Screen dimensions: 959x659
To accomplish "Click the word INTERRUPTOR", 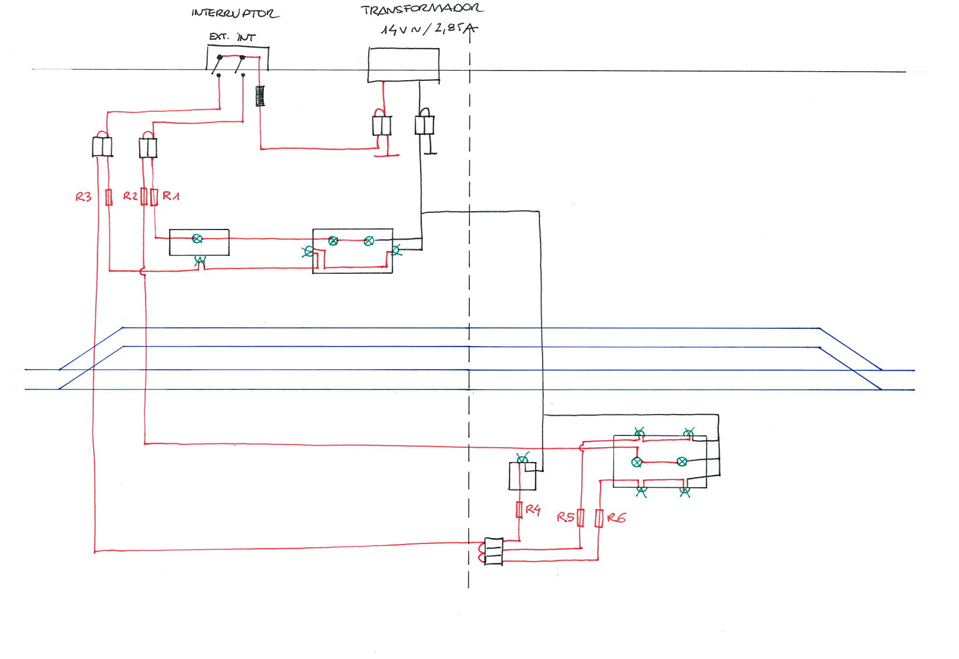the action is click(235, 13).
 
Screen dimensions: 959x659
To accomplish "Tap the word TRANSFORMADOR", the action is click(422, 9).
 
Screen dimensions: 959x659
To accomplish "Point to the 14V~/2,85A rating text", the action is click(428, 29).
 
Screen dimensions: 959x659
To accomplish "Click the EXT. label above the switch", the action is click(219, 36).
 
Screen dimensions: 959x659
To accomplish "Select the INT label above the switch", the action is click(246, 37).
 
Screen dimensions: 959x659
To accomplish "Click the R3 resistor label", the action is click(83, 197).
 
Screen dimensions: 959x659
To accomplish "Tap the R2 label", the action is click(131, 196).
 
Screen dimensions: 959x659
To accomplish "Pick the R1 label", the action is click(171, 196).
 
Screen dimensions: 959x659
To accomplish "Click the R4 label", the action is click(532, 509).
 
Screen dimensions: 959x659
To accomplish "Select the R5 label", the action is click(565, 517).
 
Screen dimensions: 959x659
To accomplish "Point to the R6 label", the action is click(616, 517).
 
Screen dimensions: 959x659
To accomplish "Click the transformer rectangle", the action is click(404, 65).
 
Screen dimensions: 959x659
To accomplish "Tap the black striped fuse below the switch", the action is click(260, 96).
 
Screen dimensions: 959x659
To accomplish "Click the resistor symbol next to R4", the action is click(519, 510).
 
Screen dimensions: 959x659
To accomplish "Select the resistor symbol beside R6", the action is click(599, 518).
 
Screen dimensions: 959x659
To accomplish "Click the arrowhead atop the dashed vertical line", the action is click(470, 29).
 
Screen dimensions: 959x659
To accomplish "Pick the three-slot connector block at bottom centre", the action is click(493, 551).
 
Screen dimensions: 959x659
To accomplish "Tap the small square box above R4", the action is click(522, 477).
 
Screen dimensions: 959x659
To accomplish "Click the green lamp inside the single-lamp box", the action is click(197, 239).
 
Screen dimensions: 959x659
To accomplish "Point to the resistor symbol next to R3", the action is click(109, 197).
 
